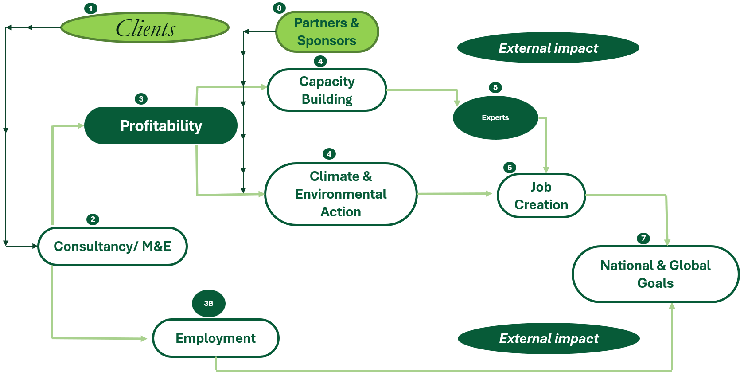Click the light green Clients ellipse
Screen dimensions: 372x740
coord(145,27)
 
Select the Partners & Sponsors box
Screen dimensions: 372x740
coord(327,31)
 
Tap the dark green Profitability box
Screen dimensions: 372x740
coord(161,125)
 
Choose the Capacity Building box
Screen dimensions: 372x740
coord(327,90)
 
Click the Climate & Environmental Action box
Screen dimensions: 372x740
coord(341,194)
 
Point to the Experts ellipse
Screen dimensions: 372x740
coord(495,117)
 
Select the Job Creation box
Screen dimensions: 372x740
coord(541,196)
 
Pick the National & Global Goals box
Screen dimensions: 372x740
coord(655,274)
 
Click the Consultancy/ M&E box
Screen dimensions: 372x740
coord(113,246)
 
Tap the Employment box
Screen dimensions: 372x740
coord(216,338)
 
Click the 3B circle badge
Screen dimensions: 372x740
coord(209,303)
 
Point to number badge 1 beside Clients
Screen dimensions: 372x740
coord(91,8)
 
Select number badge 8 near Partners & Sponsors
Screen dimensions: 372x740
coord(279,8)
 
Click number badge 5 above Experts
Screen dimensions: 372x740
coord(495,87)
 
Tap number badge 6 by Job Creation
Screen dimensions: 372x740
coord(510,168)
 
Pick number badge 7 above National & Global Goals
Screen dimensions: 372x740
coord(643,238)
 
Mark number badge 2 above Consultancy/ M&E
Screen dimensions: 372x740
coord(93,219)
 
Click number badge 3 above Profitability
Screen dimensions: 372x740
coord(141,99)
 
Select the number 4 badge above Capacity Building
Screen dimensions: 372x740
coord(320,61)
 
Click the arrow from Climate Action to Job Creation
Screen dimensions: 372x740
coord(454,194)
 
